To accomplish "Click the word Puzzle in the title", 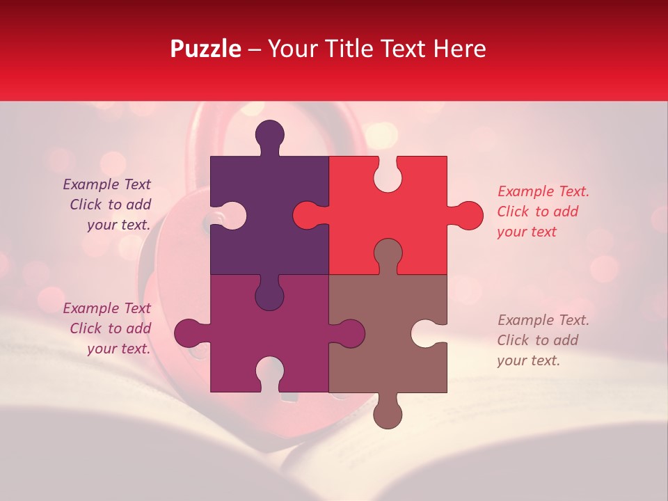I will coord(206,49).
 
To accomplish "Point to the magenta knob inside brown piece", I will coord(350,333).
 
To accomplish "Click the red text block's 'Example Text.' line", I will coord(543,191).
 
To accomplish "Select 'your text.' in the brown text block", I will coord(528,360).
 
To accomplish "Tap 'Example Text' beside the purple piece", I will coord(106,184).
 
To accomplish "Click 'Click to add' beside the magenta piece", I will coord(110,328).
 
